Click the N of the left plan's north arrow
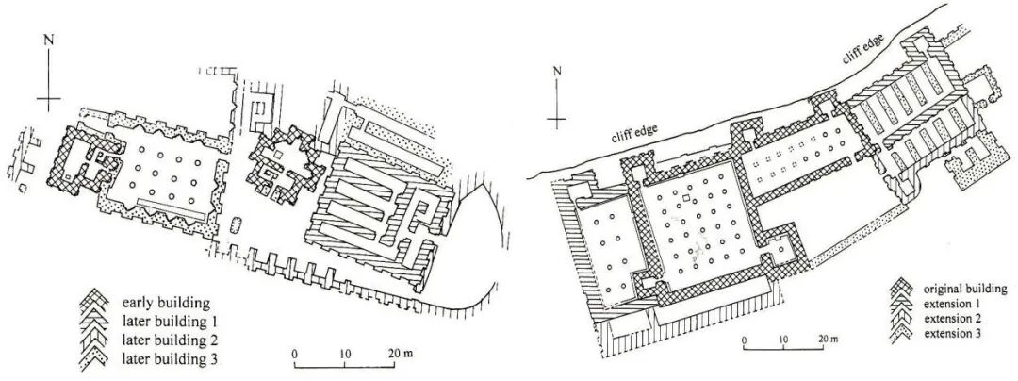[47, 40]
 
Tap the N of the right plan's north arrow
[557, 71]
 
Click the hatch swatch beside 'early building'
[97, 304]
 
